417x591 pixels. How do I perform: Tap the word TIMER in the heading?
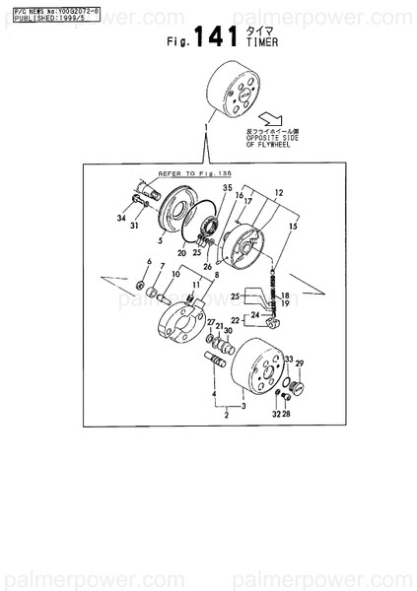(x=263, y=44)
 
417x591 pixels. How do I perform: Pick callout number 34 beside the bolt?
(x=121, y=219)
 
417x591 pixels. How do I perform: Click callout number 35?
(x=228, y=187)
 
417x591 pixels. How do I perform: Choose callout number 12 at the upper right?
(x=278, y=192)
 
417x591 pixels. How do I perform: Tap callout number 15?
(x=291, y=228)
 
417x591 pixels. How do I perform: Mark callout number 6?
(x=149, y=260)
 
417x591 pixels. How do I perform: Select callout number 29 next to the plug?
(x=300, y=363)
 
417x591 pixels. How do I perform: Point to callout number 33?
(x=288, y=359)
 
